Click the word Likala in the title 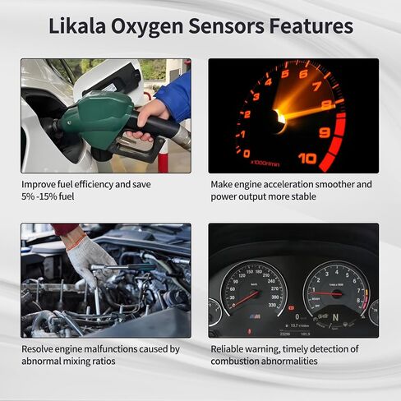[80, 25]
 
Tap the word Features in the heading [311, 25]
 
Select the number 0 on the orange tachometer [247, 153]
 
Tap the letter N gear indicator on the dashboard [334, 316]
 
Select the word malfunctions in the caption [112, 348]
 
